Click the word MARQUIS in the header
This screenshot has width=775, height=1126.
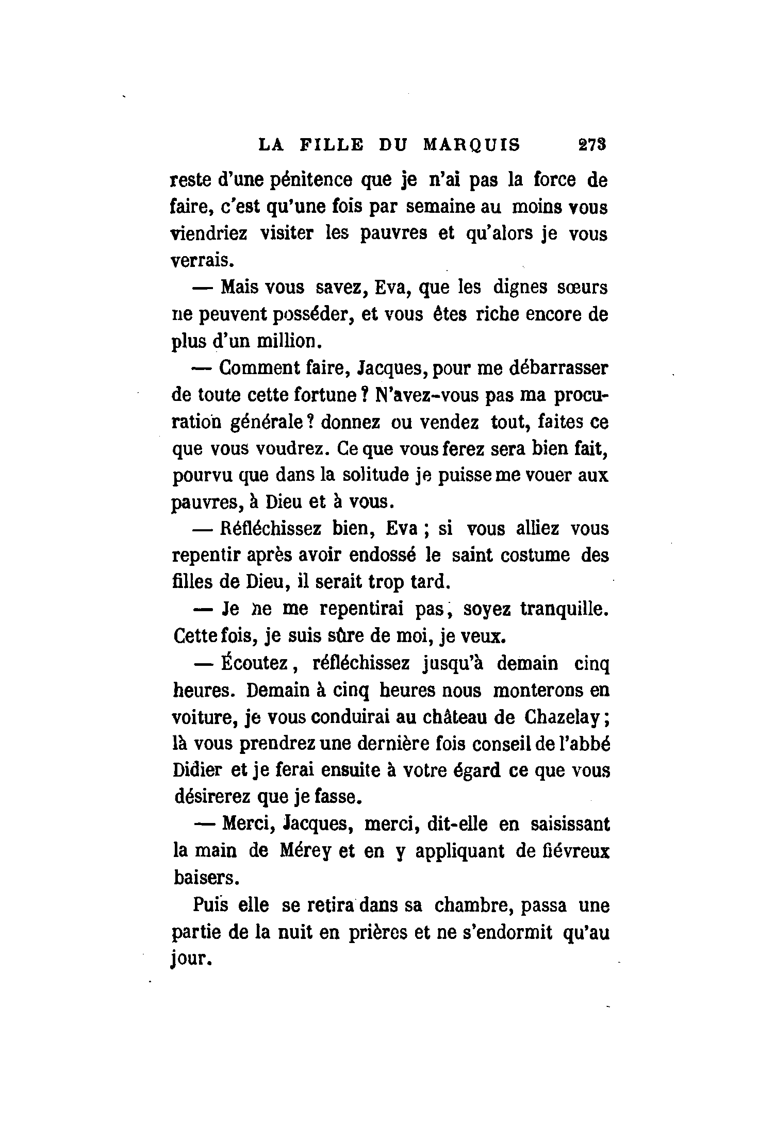pyautogui.click(x=471, y=145)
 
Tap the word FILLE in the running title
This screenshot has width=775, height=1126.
pyautogui.click(x=331, y=145)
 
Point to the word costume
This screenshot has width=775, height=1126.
pyautogui.click(x=524, y=556)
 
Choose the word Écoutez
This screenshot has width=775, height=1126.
pyautogui.click(x=254, y=663)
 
